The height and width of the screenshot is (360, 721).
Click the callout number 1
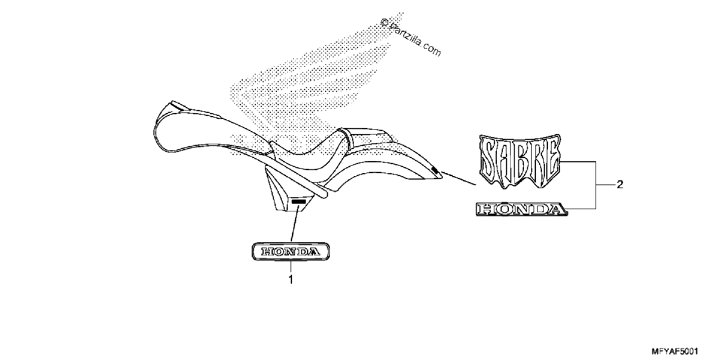tap(291, 279)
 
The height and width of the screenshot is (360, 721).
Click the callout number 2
tap(619, 185)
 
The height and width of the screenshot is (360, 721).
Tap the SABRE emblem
tap(520, 161)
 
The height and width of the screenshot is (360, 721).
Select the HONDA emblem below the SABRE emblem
tap(522, 209)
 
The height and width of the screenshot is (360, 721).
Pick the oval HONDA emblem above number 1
tap(291, 251)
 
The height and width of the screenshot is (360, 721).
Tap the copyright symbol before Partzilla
tap(384, 22)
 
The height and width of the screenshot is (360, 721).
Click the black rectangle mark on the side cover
tap(299, 201)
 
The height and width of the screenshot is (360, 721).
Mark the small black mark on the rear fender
tap(434, 169)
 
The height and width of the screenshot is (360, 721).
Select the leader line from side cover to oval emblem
tap(295, 224)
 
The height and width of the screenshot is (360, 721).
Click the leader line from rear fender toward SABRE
tap(458, 178)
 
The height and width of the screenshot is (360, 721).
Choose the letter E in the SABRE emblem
tap(551, 159)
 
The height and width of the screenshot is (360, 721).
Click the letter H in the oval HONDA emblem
tap(267, 251)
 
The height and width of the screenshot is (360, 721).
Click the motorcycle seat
tap(309, 154)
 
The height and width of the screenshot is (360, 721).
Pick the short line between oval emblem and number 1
tap(291, 267)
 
